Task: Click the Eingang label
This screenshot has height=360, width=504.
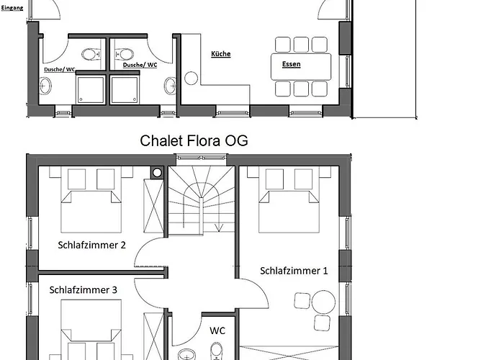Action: (x=12, y=8)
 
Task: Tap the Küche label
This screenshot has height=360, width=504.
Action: (x=221, y=54)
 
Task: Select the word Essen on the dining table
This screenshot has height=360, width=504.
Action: (x=291, y=64)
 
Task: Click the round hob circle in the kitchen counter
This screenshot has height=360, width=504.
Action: (x=191, y=78)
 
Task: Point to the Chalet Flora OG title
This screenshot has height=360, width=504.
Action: (x=194, y=141)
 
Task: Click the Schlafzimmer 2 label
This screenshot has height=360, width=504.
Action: (x=91, y=245)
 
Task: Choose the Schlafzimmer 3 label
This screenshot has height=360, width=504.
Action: (x=84, y=290)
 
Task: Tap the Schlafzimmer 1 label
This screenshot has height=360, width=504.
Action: (x=294, y=271)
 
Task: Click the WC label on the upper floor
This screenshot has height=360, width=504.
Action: (x=217, y=330)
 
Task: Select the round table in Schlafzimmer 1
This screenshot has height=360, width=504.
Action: (x=323, y=302)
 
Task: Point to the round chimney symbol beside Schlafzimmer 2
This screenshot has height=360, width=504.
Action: (x=157, y=173)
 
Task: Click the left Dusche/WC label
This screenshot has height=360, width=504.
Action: (x=60, y=69)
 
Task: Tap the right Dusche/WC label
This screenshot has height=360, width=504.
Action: (x=140, y=65)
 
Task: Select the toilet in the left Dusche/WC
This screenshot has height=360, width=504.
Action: (x=91, y=54)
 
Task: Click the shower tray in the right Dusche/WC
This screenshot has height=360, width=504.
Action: (x=125, y=90)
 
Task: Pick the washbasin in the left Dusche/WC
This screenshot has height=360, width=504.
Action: (x=45, y=86)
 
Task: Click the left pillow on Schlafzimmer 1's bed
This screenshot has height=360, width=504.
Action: (x=274, y=179)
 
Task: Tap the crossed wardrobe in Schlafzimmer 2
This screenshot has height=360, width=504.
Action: (x=153, y=206)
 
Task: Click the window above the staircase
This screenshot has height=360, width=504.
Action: (x=202, y=158)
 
